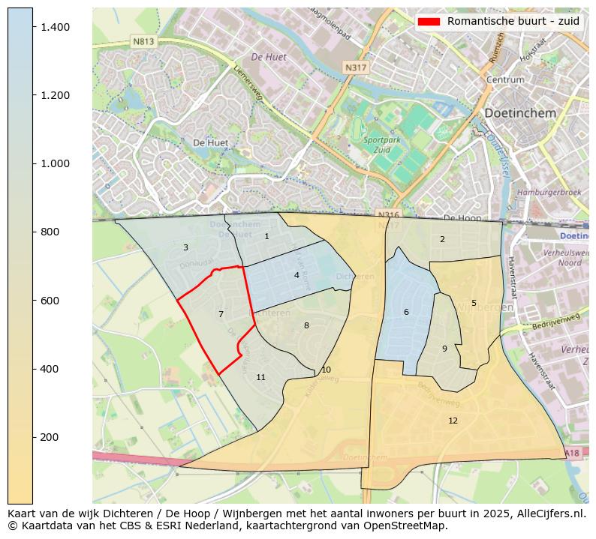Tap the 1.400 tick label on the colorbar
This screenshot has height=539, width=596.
[55, 27]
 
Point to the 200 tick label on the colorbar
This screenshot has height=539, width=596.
[50, 437]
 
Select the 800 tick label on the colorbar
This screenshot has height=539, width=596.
[50, 232]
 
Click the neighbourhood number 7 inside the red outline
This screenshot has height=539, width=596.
[221, 315]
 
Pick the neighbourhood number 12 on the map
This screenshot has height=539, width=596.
[453, 421]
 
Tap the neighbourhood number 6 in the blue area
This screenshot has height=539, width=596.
[406, 313]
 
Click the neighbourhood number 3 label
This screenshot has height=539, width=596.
[185, 247]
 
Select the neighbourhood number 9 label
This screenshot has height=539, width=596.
[444, 349]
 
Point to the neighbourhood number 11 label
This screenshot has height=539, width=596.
[260, 377]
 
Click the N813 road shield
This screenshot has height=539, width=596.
[143, 42]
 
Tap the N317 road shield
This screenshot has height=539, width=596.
[355, 68]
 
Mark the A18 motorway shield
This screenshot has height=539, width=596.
[572, 454]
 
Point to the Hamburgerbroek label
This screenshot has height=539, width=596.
[549, 193]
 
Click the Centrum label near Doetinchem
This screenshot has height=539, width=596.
[504, 79]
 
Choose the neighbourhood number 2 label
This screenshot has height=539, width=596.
[442, 240]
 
